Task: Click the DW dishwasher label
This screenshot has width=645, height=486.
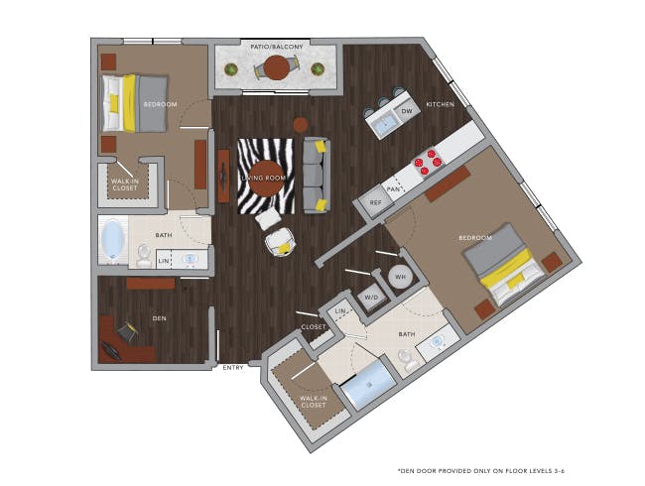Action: point(407,111)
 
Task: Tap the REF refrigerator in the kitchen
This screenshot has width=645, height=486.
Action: point(375,202)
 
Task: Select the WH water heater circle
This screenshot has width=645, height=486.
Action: point(401,277)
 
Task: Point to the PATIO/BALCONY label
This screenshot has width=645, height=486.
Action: point(277,47)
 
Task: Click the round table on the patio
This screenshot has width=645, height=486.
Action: point(276,67)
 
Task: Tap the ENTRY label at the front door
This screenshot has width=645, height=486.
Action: point(233,368)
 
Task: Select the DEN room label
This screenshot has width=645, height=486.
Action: point(159,318)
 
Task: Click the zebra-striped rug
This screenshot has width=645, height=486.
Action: point(266,176)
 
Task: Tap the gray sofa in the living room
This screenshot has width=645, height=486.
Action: point(317,176)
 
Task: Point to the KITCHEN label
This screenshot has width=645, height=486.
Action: point(441,104)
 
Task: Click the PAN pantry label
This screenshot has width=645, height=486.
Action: point(393,189)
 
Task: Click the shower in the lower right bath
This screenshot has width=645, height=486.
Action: point(368,385)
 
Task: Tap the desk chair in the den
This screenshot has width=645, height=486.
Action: point(128,331)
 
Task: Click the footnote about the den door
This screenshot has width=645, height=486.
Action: point(481,471)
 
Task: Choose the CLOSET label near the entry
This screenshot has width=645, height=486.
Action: point(314,327)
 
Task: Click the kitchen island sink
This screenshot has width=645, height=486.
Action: point(383,123)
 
